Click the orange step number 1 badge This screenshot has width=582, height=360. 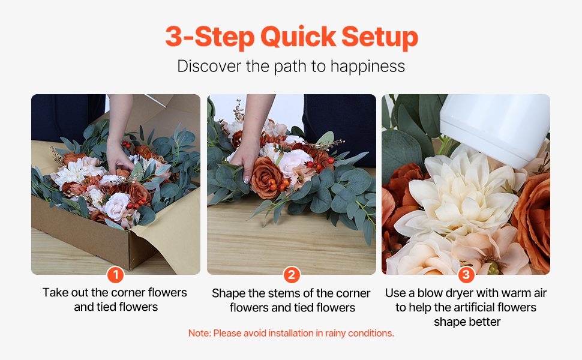115,275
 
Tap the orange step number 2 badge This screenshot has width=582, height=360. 292,275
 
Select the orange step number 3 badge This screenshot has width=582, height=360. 466,275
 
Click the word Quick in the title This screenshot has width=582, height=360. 298,37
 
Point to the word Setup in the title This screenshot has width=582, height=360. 380,37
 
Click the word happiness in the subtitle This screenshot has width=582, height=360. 367,67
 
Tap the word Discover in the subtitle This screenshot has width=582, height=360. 209,67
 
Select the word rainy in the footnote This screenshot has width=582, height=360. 336,334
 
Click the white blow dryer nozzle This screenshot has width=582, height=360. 494,126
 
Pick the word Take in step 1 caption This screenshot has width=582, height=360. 56,292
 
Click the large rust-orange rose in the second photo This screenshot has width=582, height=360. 266,178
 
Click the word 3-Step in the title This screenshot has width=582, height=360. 210,37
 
